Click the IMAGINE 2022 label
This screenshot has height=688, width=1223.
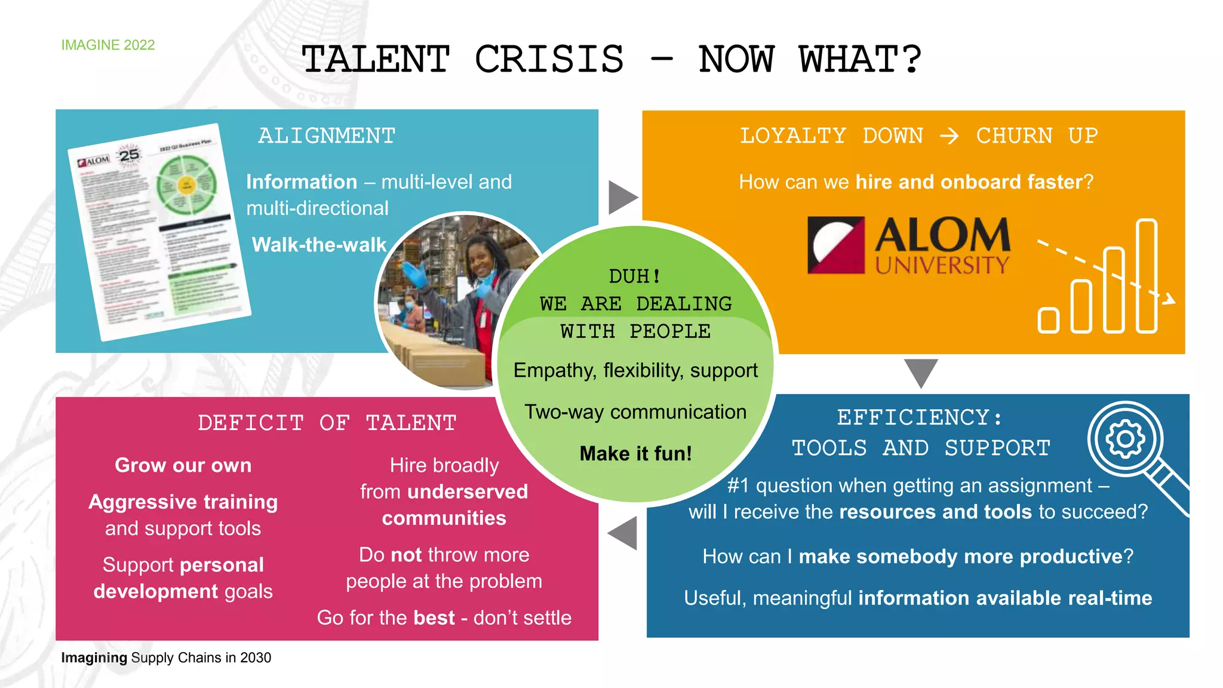pos(107,45)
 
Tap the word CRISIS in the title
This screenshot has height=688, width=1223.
pos(549,60)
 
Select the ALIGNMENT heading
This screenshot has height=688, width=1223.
pos(327,136)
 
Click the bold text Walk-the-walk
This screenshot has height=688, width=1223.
pos(319,245)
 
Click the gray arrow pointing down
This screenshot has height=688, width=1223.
pos(921,372)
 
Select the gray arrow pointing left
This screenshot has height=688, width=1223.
pos(623,533)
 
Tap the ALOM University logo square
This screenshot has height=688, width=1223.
pos(835,245)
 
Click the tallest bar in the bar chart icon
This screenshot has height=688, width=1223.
pos(1147,275)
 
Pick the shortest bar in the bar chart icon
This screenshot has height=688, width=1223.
pos(1048,320)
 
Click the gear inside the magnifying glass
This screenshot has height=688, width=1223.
pos(1125,440)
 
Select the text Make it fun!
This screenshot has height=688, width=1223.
pos(635,454)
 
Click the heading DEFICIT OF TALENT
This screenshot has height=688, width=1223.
pos(327,423)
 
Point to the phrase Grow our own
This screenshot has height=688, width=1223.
pos(183,465)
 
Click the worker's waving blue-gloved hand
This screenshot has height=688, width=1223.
pos(413,274)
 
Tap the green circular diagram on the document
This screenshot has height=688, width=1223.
pos(186,185)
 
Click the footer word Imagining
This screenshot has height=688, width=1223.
pos(94,658)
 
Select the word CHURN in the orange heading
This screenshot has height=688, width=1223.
pos(1014,136)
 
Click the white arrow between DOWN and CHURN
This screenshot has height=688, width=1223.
pos(949,136)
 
